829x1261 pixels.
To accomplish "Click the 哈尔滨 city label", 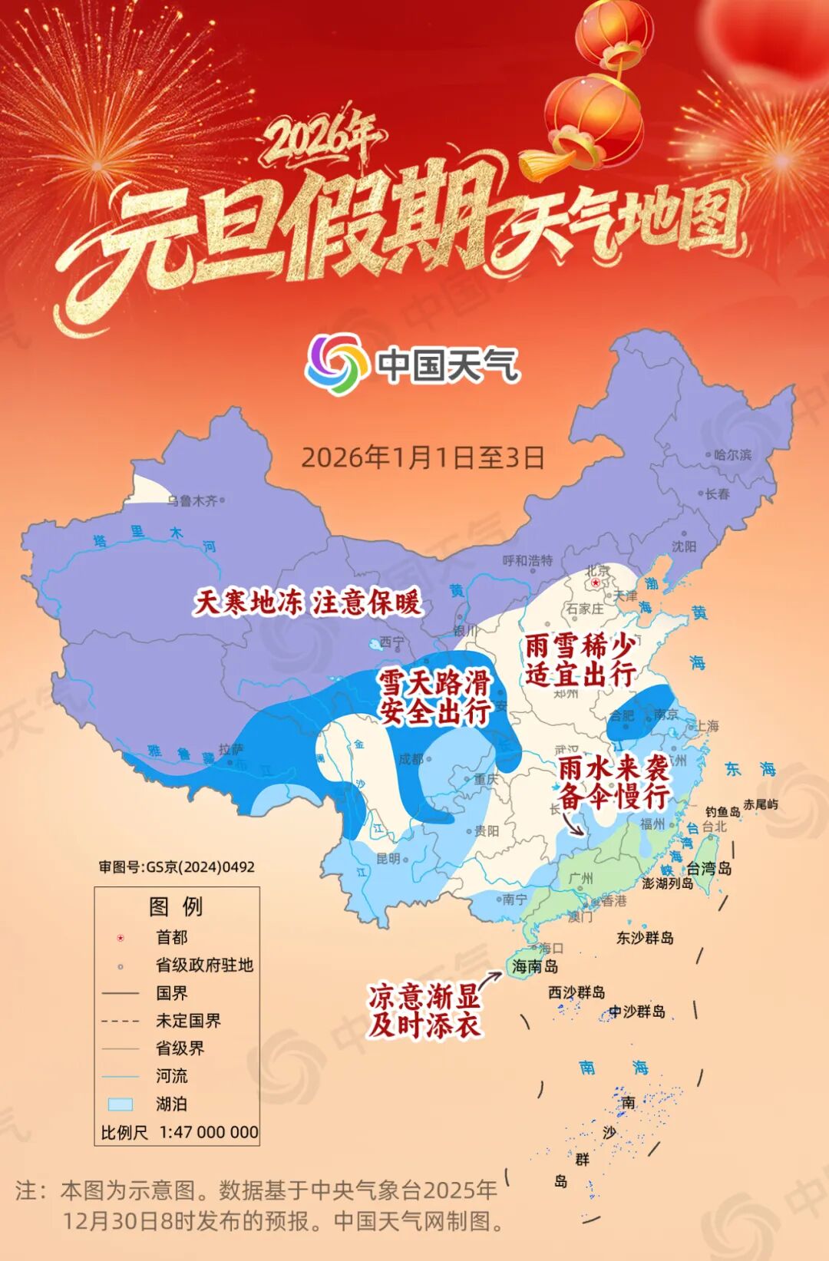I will [732, 454].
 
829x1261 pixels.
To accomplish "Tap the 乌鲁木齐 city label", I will [193, 500].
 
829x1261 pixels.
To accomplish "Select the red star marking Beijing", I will [596, 583].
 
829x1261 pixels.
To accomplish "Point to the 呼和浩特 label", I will [527, 560].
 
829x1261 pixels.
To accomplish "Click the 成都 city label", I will [411, 759].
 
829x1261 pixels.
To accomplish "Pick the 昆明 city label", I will [388, 859].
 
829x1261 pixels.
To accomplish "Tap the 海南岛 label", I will [534, 966].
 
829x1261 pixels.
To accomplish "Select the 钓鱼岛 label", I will [722, 811].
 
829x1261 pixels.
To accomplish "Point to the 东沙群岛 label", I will [645, 937].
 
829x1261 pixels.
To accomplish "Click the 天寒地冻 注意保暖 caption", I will [307, 602].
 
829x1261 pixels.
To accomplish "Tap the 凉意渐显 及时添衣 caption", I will [424, 1010].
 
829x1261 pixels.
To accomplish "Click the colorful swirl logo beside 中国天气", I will [335, 363].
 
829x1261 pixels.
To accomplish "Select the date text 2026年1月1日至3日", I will [422, 457].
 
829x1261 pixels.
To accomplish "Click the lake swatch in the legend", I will [121, 1104].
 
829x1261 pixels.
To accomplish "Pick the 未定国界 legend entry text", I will [188, 1021].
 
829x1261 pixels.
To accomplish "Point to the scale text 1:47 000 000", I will [209, 1132].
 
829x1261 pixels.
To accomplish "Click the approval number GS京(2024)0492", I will [177, 867].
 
